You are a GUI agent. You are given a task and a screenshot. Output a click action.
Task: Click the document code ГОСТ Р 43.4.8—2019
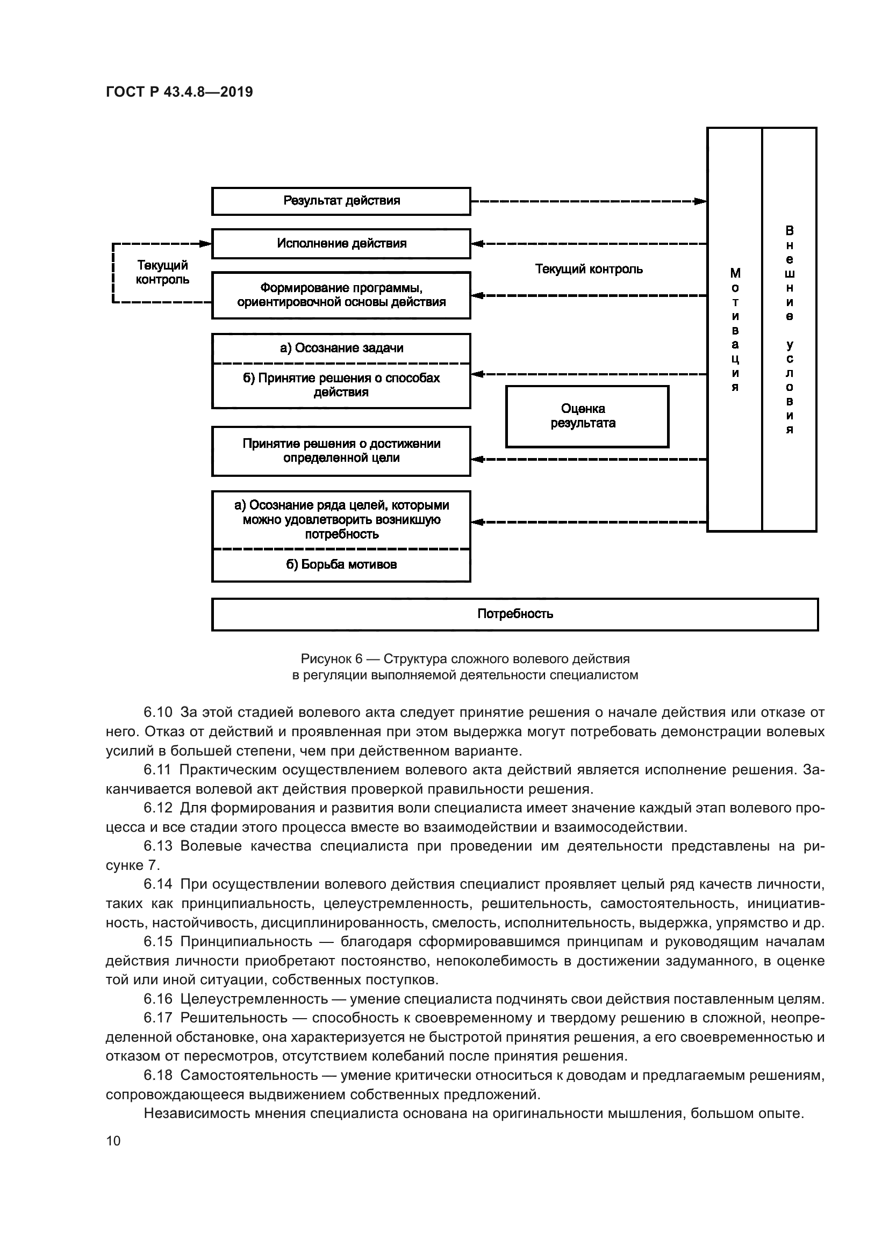(179, 92)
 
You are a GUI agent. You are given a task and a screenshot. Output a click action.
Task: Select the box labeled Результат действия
(341, 201)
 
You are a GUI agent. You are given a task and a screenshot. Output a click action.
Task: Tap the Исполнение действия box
(341, 243)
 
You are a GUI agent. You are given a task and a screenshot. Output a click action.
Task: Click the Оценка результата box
(587, 416)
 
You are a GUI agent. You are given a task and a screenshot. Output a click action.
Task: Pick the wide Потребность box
(514, 614)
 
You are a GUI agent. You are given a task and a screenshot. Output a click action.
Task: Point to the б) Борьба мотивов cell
(341, 564)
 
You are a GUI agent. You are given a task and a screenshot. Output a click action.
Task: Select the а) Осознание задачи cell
(341, 348)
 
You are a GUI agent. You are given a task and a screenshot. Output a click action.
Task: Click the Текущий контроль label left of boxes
(162, 272)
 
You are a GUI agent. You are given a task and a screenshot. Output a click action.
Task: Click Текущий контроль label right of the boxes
(589, 269)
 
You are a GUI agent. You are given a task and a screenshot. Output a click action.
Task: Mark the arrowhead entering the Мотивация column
(701, 201)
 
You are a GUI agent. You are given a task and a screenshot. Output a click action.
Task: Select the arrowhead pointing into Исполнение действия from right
(477, 243)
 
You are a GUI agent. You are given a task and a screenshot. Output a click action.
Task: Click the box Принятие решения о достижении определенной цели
(341, 451)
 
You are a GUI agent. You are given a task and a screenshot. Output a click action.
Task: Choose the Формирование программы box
(341, 295)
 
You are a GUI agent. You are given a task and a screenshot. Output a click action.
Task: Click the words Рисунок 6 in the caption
(331, 659)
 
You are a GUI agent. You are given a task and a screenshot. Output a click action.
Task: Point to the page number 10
(113, 1141)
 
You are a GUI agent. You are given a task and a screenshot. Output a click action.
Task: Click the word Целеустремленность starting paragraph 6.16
(254, 999)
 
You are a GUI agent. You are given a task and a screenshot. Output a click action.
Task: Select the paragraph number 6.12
(157, 808)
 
